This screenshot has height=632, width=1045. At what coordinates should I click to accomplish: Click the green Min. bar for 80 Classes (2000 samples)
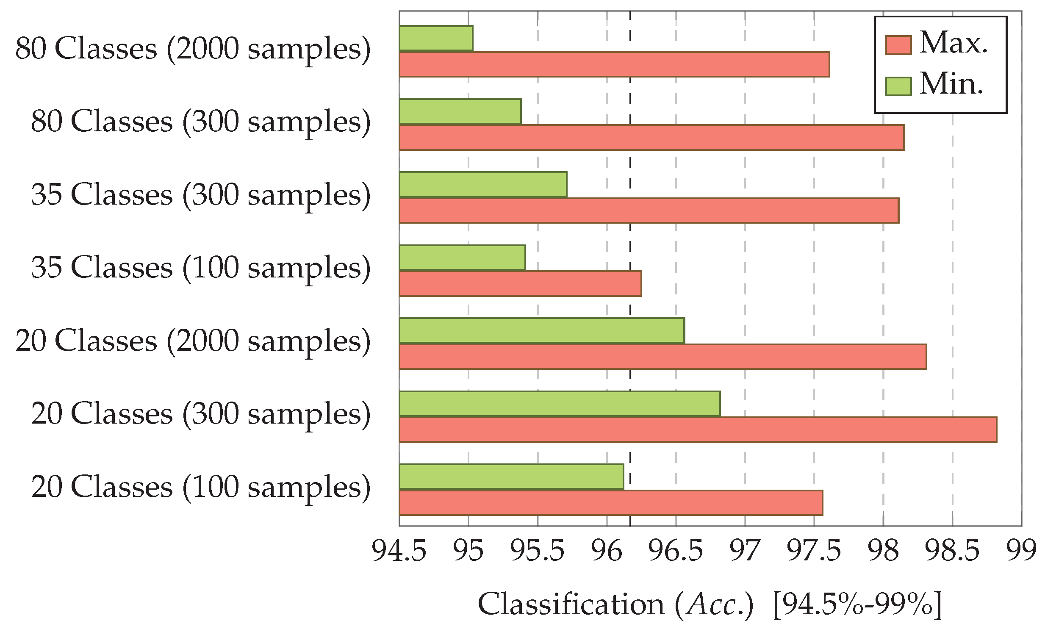pos(436,39)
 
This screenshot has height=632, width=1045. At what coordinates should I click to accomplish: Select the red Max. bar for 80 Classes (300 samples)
pos(651,137)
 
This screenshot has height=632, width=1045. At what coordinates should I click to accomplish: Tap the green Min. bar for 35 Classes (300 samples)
pos(482,185)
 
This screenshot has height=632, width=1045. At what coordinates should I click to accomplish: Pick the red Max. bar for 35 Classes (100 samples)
pos(520,283)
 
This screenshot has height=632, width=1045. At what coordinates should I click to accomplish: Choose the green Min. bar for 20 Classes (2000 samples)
pos(542,330)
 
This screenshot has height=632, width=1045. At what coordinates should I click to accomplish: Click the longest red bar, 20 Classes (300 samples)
pos(698,430)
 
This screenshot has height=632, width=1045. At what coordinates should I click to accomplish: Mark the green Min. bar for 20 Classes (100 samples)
pos(511,477)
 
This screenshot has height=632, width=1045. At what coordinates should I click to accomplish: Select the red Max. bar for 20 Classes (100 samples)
pos(611,503)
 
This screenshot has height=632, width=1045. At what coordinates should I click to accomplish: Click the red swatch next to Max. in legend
pos(898,45)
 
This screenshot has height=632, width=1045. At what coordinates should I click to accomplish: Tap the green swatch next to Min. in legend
pos(898,86)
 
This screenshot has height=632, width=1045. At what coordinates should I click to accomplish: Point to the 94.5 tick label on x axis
pos(399,551)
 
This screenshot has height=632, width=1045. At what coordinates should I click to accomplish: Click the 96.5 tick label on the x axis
pos(676,551)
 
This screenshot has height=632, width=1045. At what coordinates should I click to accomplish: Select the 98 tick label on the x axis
pos(883,551)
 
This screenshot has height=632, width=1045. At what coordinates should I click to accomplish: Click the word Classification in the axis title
pos(571,604)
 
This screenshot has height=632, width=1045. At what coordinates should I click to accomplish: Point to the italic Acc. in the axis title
pos(714,604)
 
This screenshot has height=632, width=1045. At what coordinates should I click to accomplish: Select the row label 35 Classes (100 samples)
pos(201,268)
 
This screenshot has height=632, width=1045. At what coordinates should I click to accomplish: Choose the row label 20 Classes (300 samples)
pos(201,414)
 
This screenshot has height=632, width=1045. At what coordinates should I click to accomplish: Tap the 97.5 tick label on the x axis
pos(813,551)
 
